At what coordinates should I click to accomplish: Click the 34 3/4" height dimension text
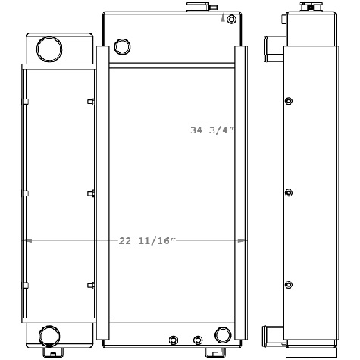212,130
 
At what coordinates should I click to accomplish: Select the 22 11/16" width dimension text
147,241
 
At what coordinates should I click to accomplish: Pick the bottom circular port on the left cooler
49,333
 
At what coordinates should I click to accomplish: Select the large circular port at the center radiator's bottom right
223,335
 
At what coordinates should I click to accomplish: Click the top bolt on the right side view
288,101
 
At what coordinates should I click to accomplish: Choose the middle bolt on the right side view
288,193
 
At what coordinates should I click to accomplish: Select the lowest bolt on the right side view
288,285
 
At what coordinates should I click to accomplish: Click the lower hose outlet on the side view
270,335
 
